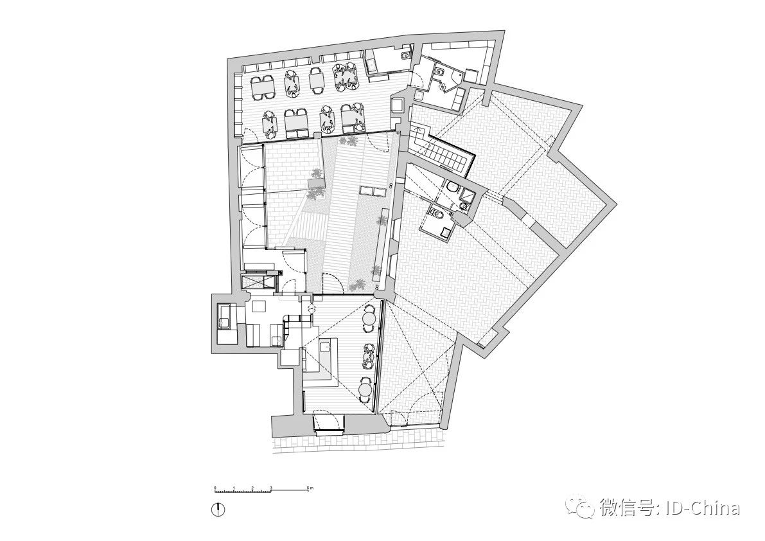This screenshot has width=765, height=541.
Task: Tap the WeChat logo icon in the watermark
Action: click(584, 508)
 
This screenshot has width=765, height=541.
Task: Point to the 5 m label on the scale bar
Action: click(310, 489)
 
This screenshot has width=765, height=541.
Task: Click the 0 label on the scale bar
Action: click(215, 489)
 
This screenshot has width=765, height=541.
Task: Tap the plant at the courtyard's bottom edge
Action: click(357, 282)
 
